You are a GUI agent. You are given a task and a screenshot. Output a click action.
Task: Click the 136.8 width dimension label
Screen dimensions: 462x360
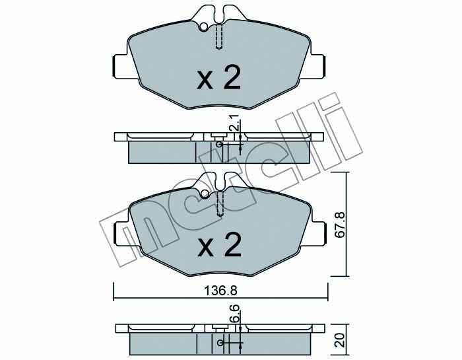click(220, 291)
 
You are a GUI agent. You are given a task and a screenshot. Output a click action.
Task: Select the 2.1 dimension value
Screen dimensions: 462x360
click(235, 125)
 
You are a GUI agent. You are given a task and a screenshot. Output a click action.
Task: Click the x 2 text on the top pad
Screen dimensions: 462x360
click(219, 77)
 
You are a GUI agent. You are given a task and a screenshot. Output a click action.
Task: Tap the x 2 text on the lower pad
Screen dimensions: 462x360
click(220, 244)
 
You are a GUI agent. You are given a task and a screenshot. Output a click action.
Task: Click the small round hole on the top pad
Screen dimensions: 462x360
click(203, 27)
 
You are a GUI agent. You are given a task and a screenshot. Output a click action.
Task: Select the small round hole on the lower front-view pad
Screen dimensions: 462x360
click(205, 194)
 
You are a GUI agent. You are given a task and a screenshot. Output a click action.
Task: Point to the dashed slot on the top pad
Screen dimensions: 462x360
click(218, 36)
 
